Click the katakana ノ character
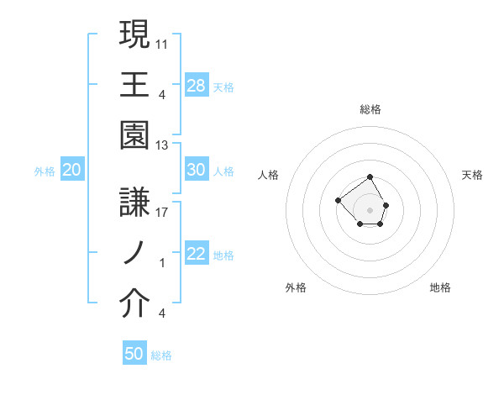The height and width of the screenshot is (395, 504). [134, 253]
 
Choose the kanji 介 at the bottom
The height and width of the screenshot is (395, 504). [134, 304]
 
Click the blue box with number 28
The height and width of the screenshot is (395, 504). [197, 86]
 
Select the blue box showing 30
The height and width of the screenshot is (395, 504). [197, 170]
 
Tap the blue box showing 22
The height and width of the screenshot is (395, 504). [197, 255]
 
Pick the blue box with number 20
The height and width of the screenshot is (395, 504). [72, 170]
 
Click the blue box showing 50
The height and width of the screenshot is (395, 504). [134, 354]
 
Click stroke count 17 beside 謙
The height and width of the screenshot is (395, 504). [162, 213]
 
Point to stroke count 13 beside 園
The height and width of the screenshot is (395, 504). [162, 145]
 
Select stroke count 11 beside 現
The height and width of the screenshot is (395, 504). [162, 42]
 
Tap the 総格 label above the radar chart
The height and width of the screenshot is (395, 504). [370, 109]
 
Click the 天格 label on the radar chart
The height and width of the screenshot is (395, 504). [473, 175]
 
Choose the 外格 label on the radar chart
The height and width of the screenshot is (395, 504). [296, 287]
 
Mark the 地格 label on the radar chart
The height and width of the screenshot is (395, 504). [440, 287]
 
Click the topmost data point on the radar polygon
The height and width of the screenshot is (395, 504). [370, 176]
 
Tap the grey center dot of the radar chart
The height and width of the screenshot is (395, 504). [370, 209]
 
